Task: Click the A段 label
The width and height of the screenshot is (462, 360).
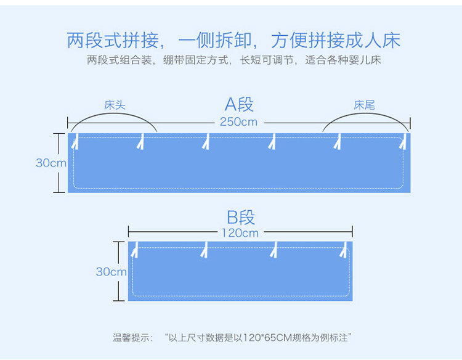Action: (239, 104)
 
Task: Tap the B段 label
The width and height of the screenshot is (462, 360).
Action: (240, 217)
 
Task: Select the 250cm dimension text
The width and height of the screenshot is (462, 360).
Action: (238, 122)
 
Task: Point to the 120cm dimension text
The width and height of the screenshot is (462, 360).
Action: (240, 233)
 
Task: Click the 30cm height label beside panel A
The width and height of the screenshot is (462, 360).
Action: (51, 163)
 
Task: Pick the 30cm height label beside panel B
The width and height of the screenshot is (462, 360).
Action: (111, 272)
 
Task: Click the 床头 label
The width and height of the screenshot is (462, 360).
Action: (115, 105)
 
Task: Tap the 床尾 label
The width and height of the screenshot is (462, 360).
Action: (364, 105)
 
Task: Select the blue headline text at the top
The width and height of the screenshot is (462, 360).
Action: (233, 41)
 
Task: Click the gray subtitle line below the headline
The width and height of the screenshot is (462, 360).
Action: (233, 61)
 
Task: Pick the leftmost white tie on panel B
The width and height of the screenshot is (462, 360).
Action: (134, 250)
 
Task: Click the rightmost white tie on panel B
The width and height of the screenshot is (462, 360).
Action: (345, 250)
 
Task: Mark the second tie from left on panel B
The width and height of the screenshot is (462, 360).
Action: (204, 250)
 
